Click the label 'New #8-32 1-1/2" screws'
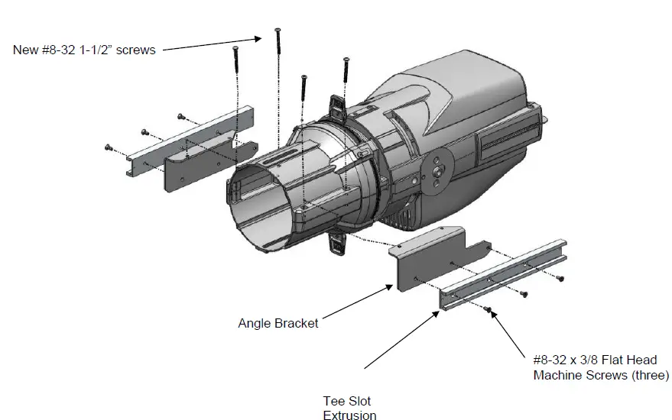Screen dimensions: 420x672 tap(84, 50)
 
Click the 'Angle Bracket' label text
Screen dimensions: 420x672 tap(278, 322)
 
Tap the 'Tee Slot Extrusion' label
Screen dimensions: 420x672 tap(349, 408)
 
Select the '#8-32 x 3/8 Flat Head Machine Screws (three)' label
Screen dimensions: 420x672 tap(600, 366)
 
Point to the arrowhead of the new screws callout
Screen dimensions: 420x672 tap(260, 36)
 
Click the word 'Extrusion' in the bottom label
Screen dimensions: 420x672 tap(349, 415)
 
